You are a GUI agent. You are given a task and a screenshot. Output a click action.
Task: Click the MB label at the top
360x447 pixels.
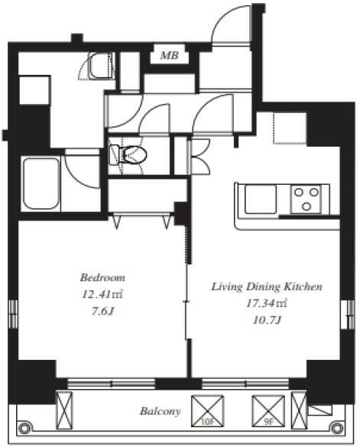click(x=169, y=55)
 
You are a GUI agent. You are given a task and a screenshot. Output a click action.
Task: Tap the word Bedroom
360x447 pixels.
click(x=102, y=277)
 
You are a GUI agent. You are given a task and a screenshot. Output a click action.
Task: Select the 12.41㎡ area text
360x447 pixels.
click(x=102, y=294)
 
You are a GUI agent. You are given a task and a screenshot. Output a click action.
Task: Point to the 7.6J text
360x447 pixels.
click(x=102, y=311)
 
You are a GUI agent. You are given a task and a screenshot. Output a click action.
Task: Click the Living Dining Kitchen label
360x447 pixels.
click(x=267, y=287)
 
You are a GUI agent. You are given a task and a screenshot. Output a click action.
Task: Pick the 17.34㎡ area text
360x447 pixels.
click(x=267, y=303)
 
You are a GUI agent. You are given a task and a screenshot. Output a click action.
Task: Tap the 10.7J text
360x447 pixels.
click(x=268, y=320)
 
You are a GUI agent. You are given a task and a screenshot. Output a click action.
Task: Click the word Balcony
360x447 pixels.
click(x=160, y=411)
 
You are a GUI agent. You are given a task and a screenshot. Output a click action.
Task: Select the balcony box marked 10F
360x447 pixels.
click(x=207, y=411)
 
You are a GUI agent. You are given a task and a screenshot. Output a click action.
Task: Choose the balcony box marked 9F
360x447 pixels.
click(x=268, y=411)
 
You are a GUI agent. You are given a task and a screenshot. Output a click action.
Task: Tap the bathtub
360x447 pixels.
click(x=41, y=184)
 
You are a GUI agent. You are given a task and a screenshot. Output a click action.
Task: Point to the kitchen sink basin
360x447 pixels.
click(x=261, y=199)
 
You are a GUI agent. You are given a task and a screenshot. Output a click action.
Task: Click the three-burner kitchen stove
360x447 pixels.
click(x=306, y=199)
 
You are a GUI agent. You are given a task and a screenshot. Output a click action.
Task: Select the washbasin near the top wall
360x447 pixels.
click(x=101, y=65)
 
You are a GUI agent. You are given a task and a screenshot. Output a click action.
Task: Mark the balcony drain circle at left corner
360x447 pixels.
click(x=24, y=428)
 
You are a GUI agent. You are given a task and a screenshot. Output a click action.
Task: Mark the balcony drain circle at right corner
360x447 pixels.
click(x=336, y=428)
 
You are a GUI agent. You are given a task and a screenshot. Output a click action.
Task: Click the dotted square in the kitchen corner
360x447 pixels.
click(x=290, y=128)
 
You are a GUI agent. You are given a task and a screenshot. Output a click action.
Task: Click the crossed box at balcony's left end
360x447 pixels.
click(x=64, y=410)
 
